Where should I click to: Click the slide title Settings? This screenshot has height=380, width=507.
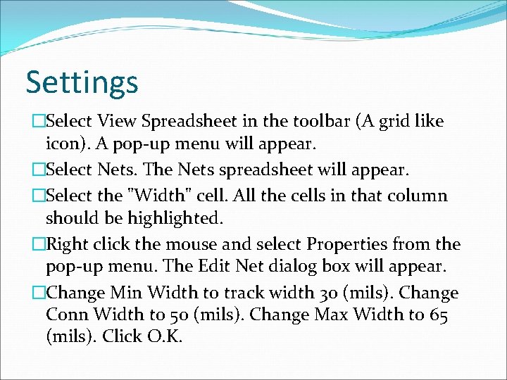pyautogui.click(x=82, y=82)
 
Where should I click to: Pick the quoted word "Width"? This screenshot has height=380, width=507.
pyautogui.click(x=158, y=195)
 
